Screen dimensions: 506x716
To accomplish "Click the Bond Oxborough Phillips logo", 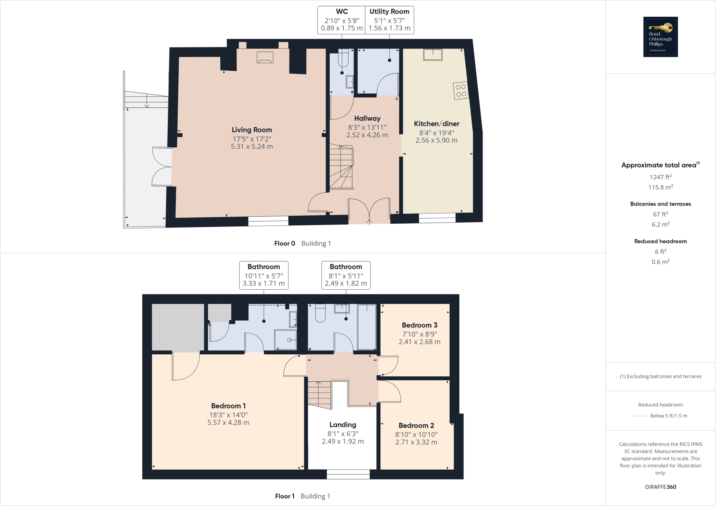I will [x=660, y=37].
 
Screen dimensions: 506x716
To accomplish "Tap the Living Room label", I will [x=252, y=130].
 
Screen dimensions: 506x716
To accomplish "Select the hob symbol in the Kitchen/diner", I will [x=461, y=91].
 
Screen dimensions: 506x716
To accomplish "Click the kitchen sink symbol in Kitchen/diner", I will [x=433, y=55].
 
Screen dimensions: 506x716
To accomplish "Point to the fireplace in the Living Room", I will [x=265, y=57].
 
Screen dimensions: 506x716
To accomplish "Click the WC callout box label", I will [x=342, y=12].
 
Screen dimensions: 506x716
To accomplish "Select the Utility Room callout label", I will [x=389, y=12].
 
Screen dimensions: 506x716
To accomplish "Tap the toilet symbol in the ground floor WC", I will [x=343, y=59].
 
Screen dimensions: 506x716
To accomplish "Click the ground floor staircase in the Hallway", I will [x=341, y=168].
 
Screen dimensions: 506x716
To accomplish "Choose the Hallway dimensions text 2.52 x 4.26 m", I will [x=367, y=135].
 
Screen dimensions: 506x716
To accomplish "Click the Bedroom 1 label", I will [x=228, y=406].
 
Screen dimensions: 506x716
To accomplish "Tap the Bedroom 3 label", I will [x=420, y=325].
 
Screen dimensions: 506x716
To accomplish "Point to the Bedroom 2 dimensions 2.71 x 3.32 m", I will [x=416, y=442].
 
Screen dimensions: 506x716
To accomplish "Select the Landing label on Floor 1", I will [x=343, y=425].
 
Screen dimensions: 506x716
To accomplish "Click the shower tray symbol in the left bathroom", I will [x=286, y=339].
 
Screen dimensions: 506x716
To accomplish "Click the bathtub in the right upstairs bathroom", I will [x=367, y=327].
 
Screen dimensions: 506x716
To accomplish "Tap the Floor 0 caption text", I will [x=285, y=244].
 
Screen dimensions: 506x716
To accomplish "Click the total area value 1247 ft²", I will [x=660, y=177].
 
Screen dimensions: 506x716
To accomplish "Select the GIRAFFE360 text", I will [x=660, y=487].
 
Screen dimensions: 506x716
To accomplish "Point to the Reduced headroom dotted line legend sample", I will [x=640, y=416].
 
